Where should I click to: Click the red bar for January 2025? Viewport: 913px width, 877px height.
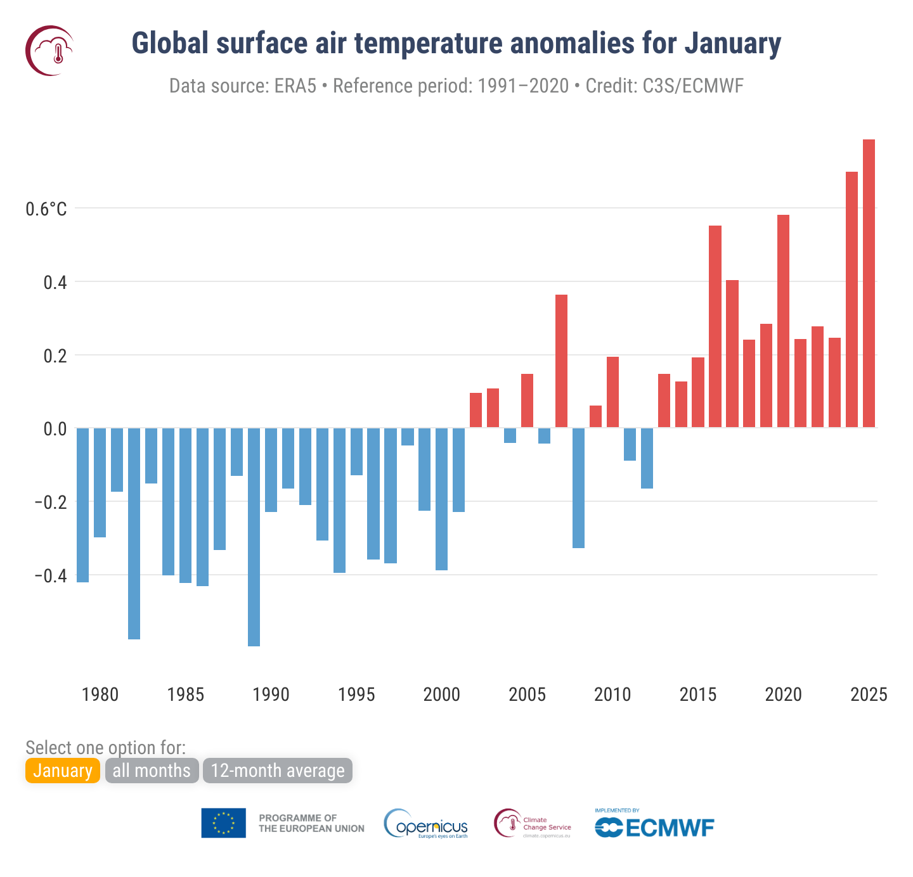(869, 283)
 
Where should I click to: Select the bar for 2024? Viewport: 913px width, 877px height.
(851, 300)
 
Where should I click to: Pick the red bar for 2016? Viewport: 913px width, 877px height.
(715, 326)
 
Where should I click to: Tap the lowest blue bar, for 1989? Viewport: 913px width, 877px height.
(254, 537)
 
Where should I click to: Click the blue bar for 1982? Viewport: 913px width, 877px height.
(134, 533)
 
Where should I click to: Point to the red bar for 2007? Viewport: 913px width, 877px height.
(561, 361)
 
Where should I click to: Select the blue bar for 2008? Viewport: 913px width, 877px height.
(578, 487)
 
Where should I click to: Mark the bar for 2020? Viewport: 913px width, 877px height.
(783, 321)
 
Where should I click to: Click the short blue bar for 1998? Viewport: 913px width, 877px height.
(407, 437)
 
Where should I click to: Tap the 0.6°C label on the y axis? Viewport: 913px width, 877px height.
(46, 209)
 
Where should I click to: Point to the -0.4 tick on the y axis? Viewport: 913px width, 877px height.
(50, 575)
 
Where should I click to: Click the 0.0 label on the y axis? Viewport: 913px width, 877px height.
(55, 429)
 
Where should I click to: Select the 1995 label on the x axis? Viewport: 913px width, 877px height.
(356, 695)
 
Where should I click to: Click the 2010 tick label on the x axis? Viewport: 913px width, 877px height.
(612, 695)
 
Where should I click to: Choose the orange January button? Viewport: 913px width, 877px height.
(63, 771)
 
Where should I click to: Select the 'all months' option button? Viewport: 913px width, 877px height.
(152, 771)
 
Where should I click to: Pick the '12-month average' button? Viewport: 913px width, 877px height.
(277, 771)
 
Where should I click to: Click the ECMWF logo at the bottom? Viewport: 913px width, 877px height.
(654, 826)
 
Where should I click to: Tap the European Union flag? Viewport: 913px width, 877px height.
(223, 823)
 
